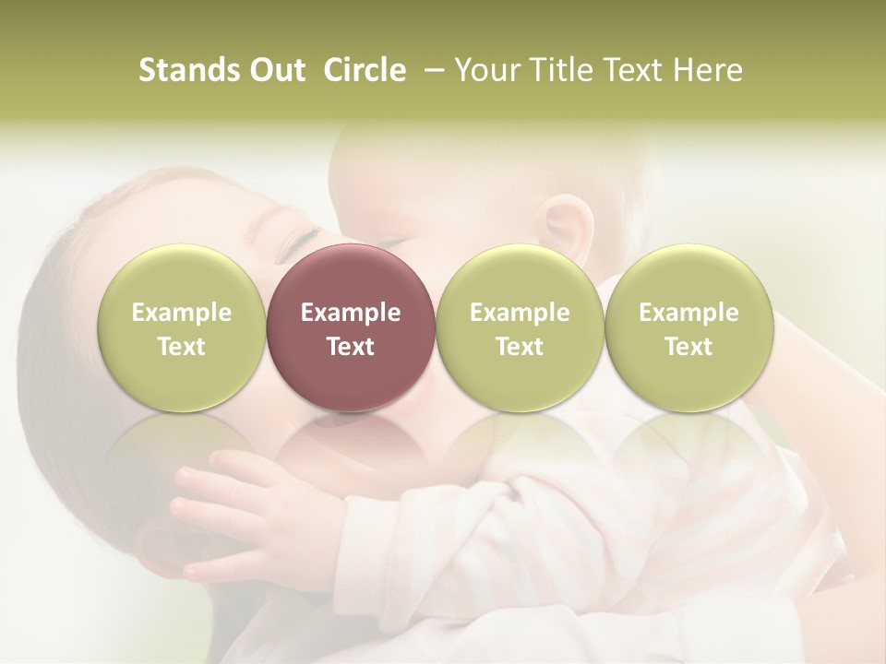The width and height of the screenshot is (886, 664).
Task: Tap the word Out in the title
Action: [x=274, y=70]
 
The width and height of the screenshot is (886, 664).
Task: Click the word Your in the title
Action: [x=485, y=70]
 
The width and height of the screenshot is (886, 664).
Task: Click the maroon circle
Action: [x=351, y=327]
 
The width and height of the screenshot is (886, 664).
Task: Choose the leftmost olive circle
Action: [x=181, y=327]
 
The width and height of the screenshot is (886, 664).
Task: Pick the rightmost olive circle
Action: [x=688, y=327]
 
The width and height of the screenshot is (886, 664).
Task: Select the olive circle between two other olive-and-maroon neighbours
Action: [x=520, y=327]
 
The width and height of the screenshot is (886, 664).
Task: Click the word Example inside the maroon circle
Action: [x=351, y=313]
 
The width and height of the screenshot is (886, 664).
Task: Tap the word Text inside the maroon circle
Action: [x=351, y=347]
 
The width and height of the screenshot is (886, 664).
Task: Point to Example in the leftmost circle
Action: [x=181, y=313]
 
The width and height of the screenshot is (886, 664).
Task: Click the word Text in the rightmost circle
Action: [x=688, y=347]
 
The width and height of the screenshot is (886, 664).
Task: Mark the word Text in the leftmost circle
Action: [x=181, y=347]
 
